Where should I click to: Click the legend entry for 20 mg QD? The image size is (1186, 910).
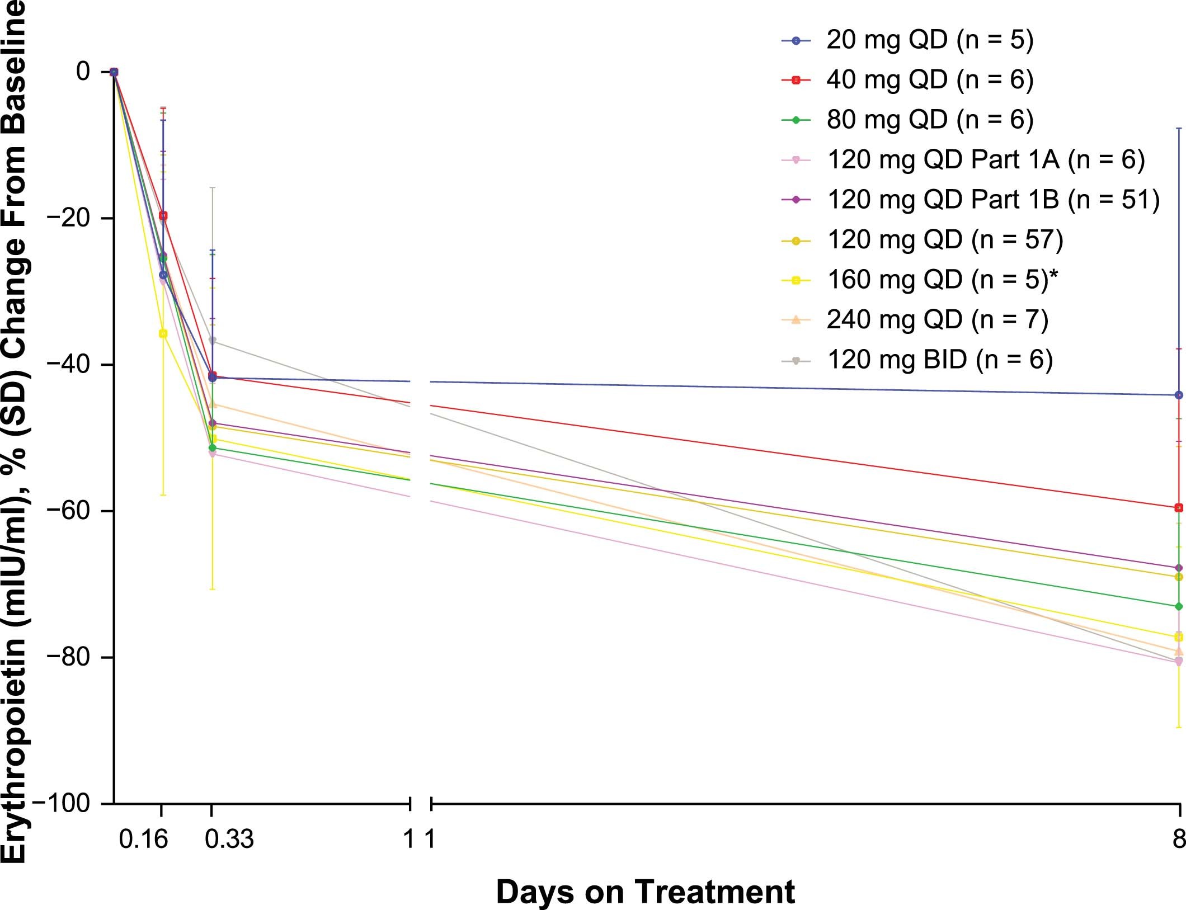pyautogui.click(x=929, y=40)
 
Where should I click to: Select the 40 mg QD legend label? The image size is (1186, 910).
pyautogui.click(x=929, y=80)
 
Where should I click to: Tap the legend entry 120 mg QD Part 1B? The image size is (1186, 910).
pyautogui.click(x=993, y=200)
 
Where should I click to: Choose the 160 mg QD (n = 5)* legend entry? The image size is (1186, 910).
pyautogui.click(x=943, y=279)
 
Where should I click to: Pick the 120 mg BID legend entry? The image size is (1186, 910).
pyautogui.click(x=940, y=359)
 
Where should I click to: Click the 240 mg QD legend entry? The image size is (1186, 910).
pyautogui.click(x=937, y=319)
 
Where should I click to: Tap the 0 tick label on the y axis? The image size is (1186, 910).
pyautogui.click(x=83, y=72)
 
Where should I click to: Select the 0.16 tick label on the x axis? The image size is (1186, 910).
pyautogui.click(x=143, y=839)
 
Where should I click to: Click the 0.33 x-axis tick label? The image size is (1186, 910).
pyautogui.click(x=229, y=839)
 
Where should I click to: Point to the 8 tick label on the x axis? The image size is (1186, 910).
pyautogui.click(x=1179, y=839)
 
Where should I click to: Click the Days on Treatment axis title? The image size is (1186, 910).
pyautogui.click(x=645, y=892)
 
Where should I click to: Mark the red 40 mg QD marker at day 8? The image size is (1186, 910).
pyautogui.click(x=1179, y=508)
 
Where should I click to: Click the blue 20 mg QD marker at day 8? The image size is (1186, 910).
pyautogui.click(x=1179, y=395)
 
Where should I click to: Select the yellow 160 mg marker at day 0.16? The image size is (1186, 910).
pyautogui.click(x=163, y=333)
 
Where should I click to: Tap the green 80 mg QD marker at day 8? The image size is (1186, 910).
pyautogui.click(x=1179, y=606)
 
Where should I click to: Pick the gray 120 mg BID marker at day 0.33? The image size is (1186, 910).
pyautogui.click(x=212, y=341)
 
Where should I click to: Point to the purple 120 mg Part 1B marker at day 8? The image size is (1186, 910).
pyautogui.click(x=1179, y=568)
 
